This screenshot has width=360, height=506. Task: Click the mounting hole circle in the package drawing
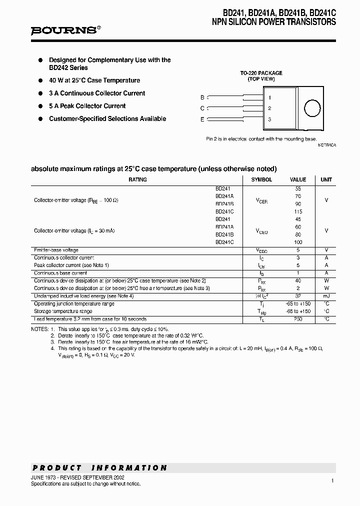coord(312,108)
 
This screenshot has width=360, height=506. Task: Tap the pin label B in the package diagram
coord(202,97)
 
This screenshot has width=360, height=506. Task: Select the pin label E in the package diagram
coord(202,119)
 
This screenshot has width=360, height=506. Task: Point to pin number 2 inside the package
coord(269,108)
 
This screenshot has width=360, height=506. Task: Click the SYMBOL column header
coord(261,179)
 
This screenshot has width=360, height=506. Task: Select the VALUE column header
coord(298,179)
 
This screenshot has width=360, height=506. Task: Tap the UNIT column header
coord(326,179)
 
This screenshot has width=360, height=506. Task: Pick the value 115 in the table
coord(298,211)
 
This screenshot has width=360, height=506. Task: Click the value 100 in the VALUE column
coord(298,242)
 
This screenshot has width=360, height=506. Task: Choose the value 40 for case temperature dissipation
coord(298,281)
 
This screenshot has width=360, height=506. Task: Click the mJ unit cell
coord(326,296)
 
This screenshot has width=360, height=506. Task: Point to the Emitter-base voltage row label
coord(56,250)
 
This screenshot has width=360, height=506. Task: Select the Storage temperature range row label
coord(63,311)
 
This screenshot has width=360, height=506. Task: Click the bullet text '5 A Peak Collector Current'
coord(87,106)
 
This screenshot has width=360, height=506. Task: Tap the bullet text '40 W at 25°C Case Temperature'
coord(94,80)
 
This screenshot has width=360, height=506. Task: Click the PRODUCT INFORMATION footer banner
coord(99,468)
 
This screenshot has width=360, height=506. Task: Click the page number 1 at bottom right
coord(332,480)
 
